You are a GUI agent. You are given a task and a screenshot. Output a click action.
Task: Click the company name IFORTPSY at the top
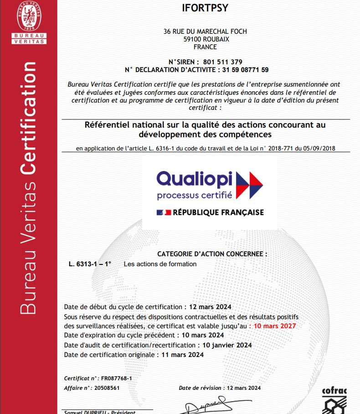(205, 8)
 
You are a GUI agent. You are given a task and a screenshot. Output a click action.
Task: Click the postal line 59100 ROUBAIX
(205, 39)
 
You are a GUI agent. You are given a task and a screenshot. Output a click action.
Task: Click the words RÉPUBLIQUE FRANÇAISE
(218, 212)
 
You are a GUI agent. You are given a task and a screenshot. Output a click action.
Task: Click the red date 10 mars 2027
(275, 326)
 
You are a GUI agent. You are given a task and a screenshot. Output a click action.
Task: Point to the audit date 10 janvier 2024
(226, 345)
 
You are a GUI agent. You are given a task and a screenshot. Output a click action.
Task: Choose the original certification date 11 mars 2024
(183, 354)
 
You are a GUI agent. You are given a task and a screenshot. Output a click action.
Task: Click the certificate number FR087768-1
(116, 378)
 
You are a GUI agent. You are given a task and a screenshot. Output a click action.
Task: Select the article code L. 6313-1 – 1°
(90, 264)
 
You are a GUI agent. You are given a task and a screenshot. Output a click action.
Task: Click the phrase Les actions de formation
(160, 264)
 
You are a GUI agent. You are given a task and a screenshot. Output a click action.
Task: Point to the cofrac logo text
(334, 391)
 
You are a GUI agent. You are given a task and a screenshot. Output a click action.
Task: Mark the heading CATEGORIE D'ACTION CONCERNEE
(212, 254)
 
